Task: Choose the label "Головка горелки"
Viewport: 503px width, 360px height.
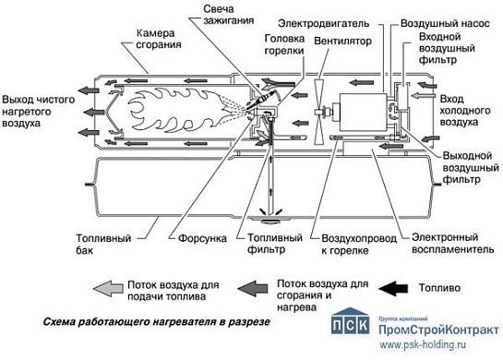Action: click(x=284, y=46)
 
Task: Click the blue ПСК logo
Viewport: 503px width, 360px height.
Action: click(x=352, y=330)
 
